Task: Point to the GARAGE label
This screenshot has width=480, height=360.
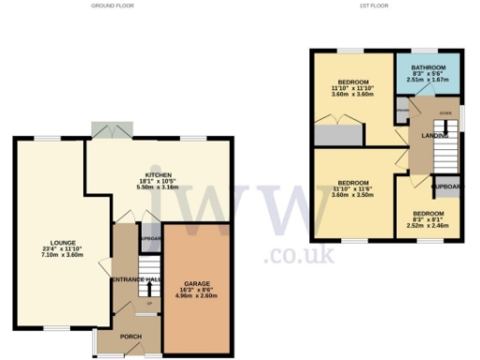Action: pos(195,283)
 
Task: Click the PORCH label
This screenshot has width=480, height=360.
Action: pos(127,337)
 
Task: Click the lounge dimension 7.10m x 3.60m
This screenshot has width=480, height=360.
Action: pos(56,256)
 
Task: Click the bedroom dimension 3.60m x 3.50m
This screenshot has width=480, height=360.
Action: pos(352,195)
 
